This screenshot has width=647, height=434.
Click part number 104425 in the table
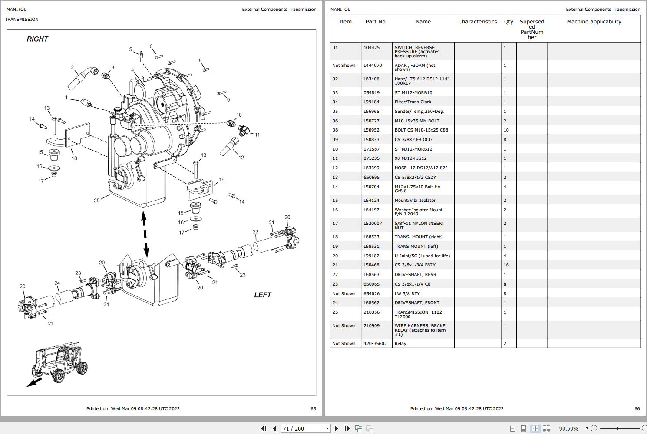tap(371, 48)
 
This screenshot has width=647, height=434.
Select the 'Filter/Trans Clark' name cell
tap(413, 102)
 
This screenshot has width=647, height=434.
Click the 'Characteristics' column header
tap(477, 22)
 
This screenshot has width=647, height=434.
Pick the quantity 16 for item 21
tap(506, 265)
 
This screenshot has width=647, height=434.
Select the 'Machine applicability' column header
tap(594, 22)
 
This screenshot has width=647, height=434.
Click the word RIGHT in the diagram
tap(37, 39)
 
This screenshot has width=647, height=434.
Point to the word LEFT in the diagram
tap(262, 295)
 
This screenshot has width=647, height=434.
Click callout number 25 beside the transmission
tap(96, 201)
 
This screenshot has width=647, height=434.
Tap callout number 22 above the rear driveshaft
tap(255, 232)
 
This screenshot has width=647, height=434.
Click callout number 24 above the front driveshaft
tap(57, 283)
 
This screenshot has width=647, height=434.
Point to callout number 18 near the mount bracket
tap(74, 158)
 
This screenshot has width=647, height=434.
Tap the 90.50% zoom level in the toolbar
tap(568, 428)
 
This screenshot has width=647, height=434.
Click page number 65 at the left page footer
tap(313, 408)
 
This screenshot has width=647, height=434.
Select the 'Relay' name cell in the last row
tap(400, 344)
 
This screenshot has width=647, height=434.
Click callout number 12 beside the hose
tap(241, 158)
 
